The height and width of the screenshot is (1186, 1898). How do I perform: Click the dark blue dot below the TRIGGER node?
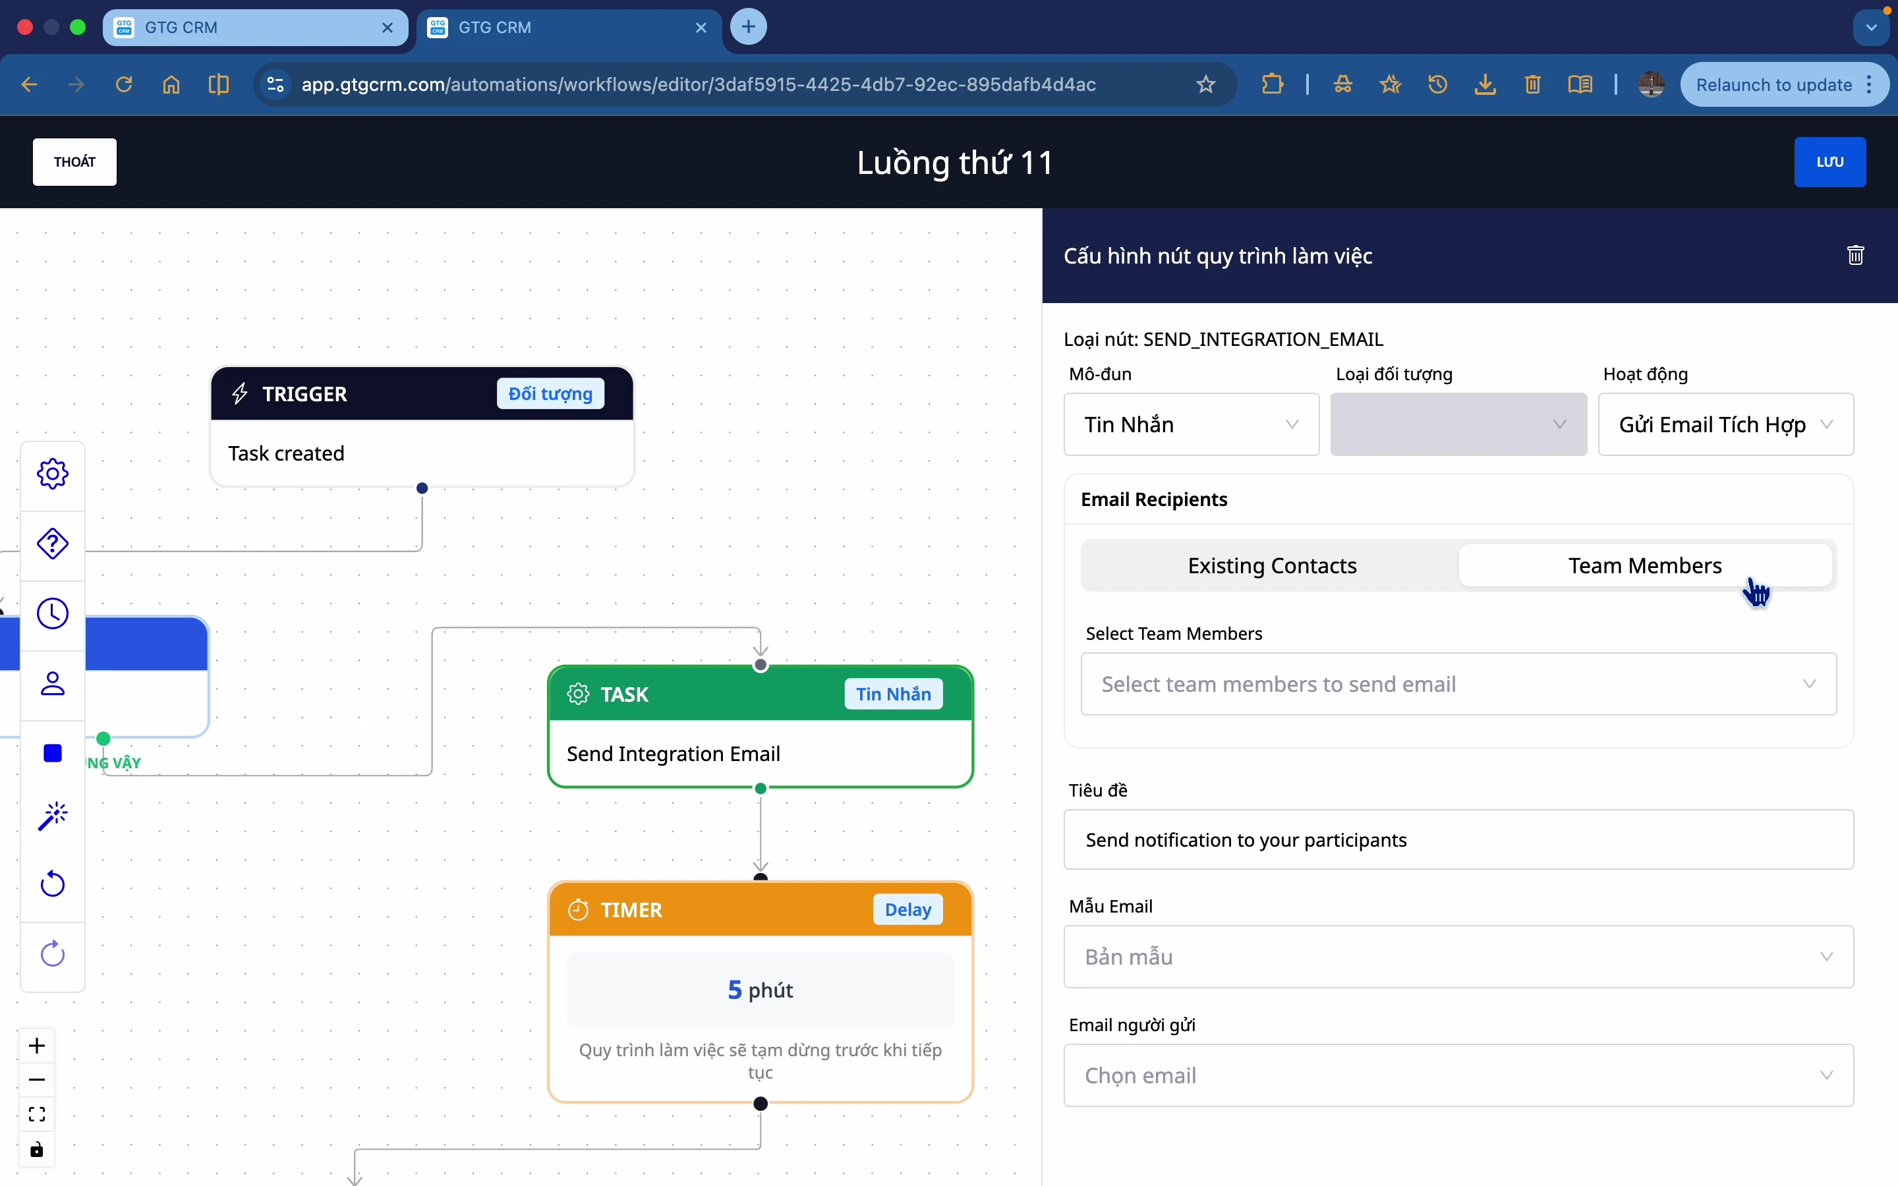tap(422, 488)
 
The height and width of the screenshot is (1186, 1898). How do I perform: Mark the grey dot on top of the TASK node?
tap(761, 665)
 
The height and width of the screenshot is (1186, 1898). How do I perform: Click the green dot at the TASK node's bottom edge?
tap(761, 788)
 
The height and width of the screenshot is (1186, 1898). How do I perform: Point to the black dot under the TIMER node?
tap(761, 1104)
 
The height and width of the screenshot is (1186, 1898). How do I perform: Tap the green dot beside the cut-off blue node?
tap(103, 738)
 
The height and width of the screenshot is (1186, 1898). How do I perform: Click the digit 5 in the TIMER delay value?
tap(735, 990)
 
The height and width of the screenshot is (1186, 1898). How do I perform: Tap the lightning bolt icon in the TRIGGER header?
tap(241, 393)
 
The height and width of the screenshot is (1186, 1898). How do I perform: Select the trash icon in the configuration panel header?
tap(1856, 255)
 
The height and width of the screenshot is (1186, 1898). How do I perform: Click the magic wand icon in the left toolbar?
tap(53, 816)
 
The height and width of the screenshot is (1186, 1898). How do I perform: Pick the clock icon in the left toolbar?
tap(53, 613)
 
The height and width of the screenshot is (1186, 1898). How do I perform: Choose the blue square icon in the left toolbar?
tap(53, 753)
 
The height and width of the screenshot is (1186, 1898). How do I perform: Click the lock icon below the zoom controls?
tap(37, 1150)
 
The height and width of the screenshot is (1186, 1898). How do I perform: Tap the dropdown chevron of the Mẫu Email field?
tap(1827, 957)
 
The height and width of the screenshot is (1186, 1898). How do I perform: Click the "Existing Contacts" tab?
tap(1271, 565)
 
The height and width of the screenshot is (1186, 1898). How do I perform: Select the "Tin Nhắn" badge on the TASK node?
tap(894, 694)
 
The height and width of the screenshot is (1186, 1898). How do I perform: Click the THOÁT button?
tap(74, 161)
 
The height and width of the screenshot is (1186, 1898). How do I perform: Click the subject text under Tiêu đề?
tap(1246, 840)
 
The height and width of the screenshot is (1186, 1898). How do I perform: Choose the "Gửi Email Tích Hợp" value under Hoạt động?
tap(1712, 424)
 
